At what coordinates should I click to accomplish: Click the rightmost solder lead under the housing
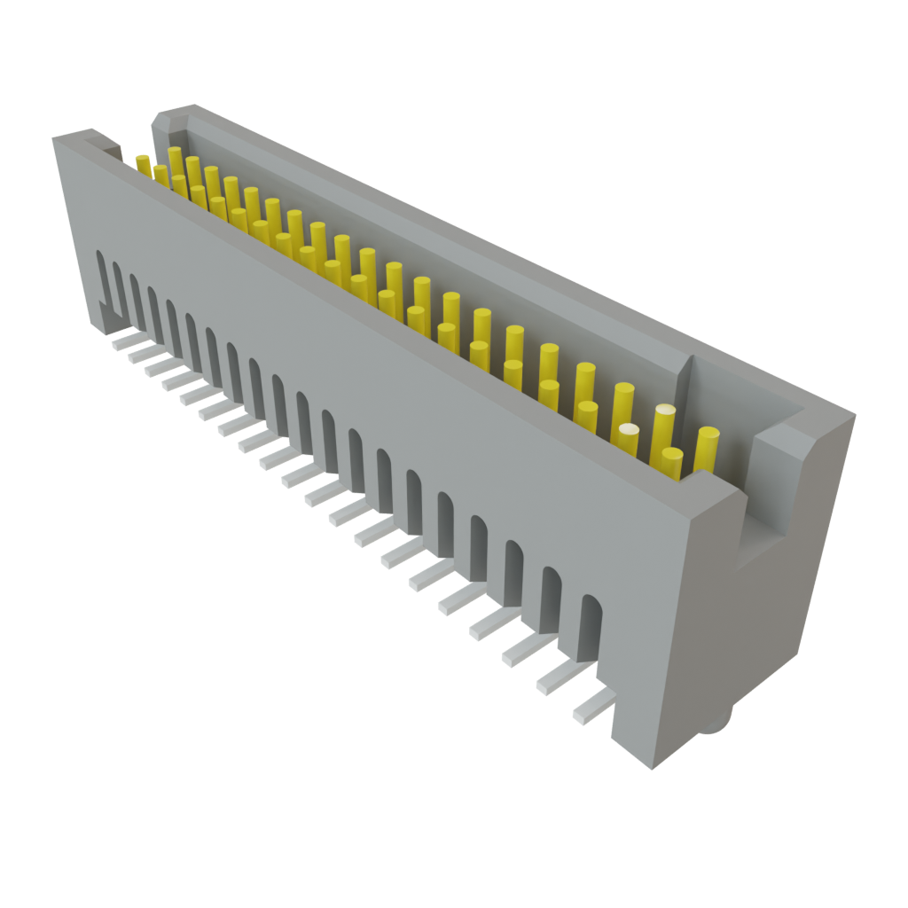[592, 708]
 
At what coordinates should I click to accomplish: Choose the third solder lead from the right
[526, 652]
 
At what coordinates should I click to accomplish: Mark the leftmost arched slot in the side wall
[103, 275]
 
